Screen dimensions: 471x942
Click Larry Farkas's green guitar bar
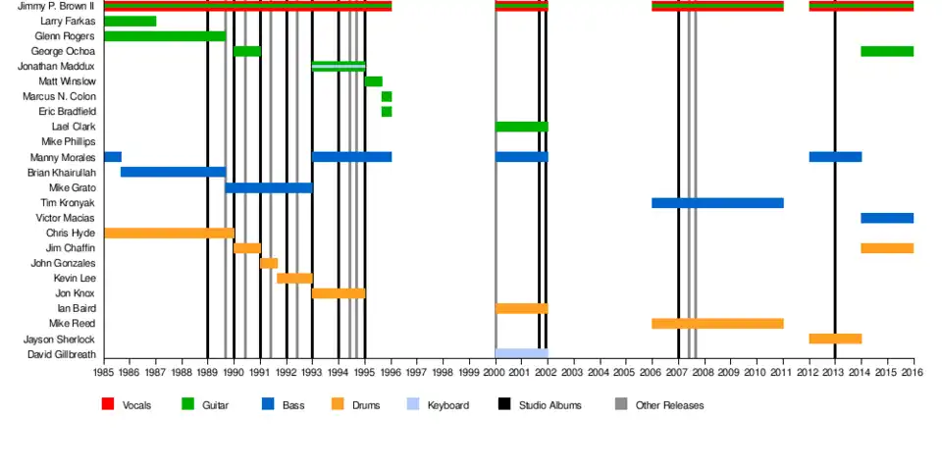point(130,22)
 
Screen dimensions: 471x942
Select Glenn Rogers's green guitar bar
point(164,36)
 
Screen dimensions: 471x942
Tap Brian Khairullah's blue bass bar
point(173,173)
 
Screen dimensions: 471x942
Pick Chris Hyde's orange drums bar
point(169,234)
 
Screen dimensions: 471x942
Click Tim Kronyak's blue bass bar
point(717,203)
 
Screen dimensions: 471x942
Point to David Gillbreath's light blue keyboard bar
point(521,353)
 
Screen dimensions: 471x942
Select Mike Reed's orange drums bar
point(717,324)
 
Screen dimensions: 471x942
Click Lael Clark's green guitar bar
point(521,127)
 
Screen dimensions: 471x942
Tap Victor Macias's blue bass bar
point(887,218)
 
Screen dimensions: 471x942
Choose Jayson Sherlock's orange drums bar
point(835,339)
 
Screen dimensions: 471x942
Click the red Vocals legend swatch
point(108,404)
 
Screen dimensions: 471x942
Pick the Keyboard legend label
point(447,405)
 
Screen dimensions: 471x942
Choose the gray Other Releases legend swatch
point(621,404)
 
